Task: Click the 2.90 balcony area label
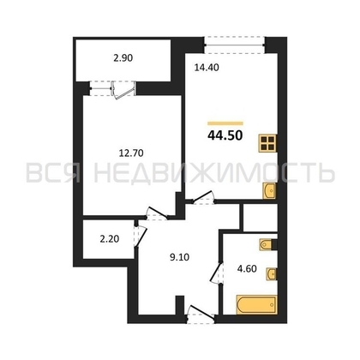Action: pyautogui.click(x=123, y=58)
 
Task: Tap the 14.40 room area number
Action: pyautogui.click(x=207, y=68)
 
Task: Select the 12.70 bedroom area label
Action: pyautogui.click(x=131, y=153)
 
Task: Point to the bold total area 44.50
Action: pyautogui.click(x=225, y=135)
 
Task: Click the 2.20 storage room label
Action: pyautogui.click(x=110, y=238)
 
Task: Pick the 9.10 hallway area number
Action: pyautogui.click(x=180, y=257)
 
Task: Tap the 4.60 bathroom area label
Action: pyautogui.click(x=247, y=269)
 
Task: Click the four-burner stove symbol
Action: pyautogui.click(x=267, y=143)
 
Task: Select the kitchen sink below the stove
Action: pyautogui.click(x=269, y=190)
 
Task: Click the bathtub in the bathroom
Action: pyautogui.click(x=256, y=305)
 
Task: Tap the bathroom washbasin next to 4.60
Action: pyautogui.click(x=272, y=274)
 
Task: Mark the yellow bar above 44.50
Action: pyautogui.click(x=225, y=123)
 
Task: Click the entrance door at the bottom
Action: pyautogui.click(x=201, y=315)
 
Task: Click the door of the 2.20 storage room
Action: pyautogui.click(x=141, y=236)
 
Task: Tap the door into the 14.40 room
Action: pyautogui.click(x=203, y=198)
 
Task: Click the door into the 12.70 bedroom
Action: pyautogui.click(x=157, y=213)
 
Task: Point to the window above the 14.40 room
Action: pyautogui.click(x=235, y=45)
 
